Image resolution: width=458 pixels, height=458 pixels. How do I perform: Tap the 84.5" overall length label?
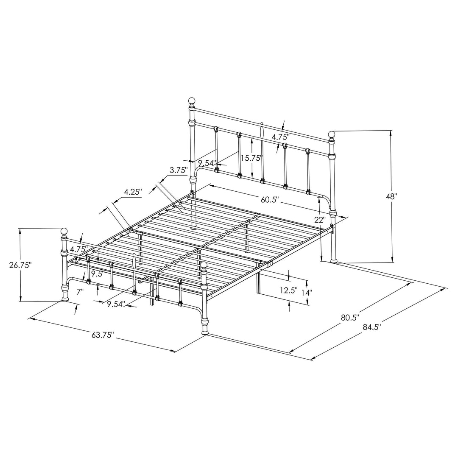tap(371, 327)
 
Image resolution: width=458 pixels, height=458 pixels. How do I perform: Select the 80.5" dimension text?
tap(350, 316)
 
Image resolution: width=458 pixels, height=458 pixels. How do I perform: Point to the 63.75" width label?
tap(102, 335)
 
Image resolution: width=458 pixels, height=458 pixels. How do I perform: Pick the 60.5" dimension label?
tap(268, 200)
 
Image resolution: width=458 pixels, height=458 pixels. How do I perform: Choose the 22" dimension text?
tap(321, 220)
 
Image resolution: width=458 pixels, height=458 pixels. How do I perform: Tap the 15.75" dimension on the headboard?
tap(252, 157)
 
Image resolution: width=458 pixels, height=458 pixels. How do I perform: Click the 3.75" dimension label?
tap(179, 170)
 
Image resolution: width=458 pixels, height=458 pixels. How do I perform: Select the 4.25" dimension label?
tap(133, 192)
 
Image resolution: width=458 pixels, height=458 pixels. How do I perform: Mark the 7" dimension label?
tap(80, 291)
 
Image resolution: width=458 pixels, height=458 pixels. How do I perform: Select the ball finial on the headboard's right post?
tap(332, 135)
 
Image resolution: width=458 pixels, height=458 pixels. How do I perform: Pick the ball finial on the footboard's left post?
tap(64, 231)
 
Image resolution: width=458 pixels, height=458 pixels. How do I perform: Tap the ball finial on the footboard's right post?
tap(204, 265)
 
